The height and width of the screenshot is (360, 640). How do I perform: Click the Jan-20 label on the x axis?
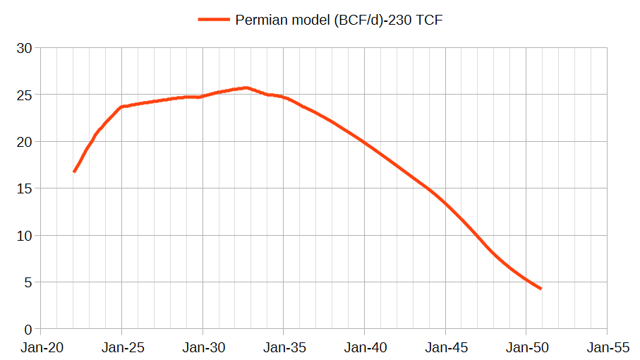pos(42,348)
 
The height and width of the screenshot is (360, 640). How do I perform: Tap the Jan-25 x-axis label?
pos(123,348)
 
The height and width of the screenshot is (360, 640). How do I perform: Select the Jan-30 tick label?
pos(204,348)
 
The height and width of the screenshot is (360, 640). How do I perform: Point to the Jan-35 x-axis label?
pos(284,348)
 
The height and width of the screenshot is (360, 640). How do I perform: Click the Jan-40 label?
pos(366,348)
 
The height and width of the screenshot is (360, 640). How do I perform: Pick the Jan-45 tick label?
pos(446,348)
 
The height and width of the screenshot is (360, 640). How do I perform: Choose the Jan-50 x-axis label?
pos(527,348)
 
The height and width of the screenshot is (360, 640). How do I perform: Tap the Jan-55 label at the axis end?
pos(608,348)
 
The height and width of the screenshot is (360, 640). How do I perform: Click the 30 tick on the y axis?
pos(24,48)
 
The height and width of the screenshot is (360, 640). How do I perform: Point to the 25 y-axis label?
pos(24,95)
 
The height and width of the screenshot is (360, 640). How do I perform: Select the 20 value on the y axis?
pos(24,142)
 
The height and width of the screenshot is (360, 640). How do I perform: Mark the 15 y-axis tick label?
pos(24,188)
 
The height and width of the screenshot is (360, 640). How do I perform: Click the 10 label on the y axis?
pos(24,236)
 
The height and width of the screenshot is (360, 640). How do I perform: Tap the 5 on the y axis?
pos(28,282)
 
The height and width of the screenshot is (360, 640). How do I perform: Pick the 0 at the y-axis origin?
pos(28,330)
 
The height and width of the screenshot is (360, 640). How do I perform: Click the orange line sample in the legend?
pos(214,20)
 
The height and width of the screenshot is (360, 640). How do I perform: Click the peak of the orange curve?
pos(246,88)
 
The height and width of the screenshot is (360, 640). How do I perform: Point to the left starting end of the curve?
pos(74,172)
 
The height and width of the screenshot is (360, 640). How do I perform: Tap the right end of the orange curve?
pos(541,289)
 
